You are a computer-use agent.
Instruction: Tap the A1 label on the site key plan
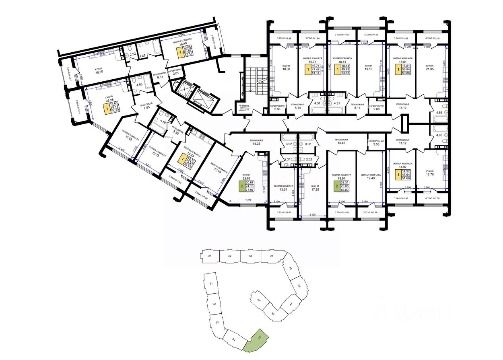point(210,256)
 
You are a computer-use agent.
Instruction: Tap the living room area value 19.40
point(371,179)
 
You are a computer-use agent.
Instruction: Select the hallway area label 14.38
point(256,144)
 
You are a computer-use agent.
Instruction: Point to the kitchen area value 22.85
point(247,179)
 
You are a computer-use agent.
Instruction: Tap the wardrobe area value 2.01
point(175,73)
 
